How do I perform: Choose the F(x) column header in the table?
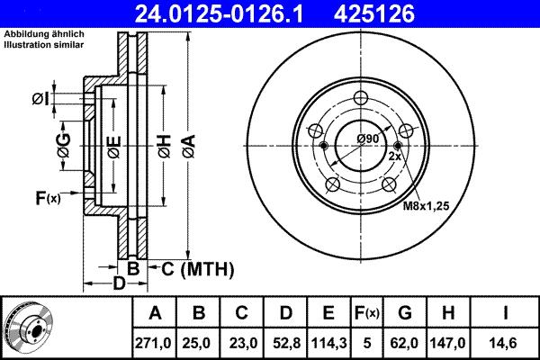pyautogui.click(x=365, y=313)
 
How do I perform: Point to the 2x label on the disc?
pyautogui.click(x=393, y=157)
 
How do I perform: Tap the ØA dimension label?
pyautogui.click(x=187, y=143)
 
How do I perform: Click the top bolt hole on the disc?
pyautogui.click(x=362, y=100)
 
